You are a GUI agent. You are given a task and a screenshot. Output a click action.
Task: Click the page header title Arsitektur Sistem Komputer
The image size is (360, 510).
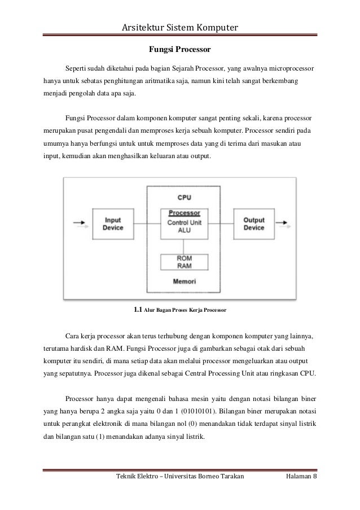click(179, 28)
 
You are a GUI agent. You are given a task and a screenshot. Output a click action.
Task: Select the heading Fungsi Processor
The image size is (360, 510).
click(179, 50)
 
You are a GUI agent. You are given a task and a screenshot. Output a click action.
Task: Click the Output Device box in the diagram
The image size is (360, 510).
click(253, 224)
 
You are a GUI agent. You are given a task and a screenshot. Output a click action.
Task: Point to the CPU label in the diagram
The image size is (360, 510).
click(185, 198)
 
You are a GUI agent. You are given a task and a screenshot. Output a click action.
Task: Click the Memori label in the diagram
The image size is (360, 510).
click(185, 281)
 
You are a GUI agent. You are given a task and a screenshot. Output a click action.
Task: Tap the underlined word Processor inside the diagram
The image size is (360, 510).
click(185, 213)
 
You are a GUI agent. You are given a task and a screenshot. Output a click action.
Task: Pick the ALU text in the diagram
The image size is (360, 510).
click(185, 230)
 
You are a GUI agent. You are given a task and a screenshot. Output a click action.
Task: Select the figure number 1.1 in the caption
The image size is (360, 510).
click(137, 310)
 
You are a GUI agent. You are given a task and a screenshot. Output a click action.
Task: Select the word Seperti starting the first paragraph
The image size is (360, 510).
click(77, 68)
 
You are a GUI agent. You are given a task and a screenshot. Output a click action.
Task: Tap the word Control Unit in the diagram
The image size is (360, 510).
click(185, 222)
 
